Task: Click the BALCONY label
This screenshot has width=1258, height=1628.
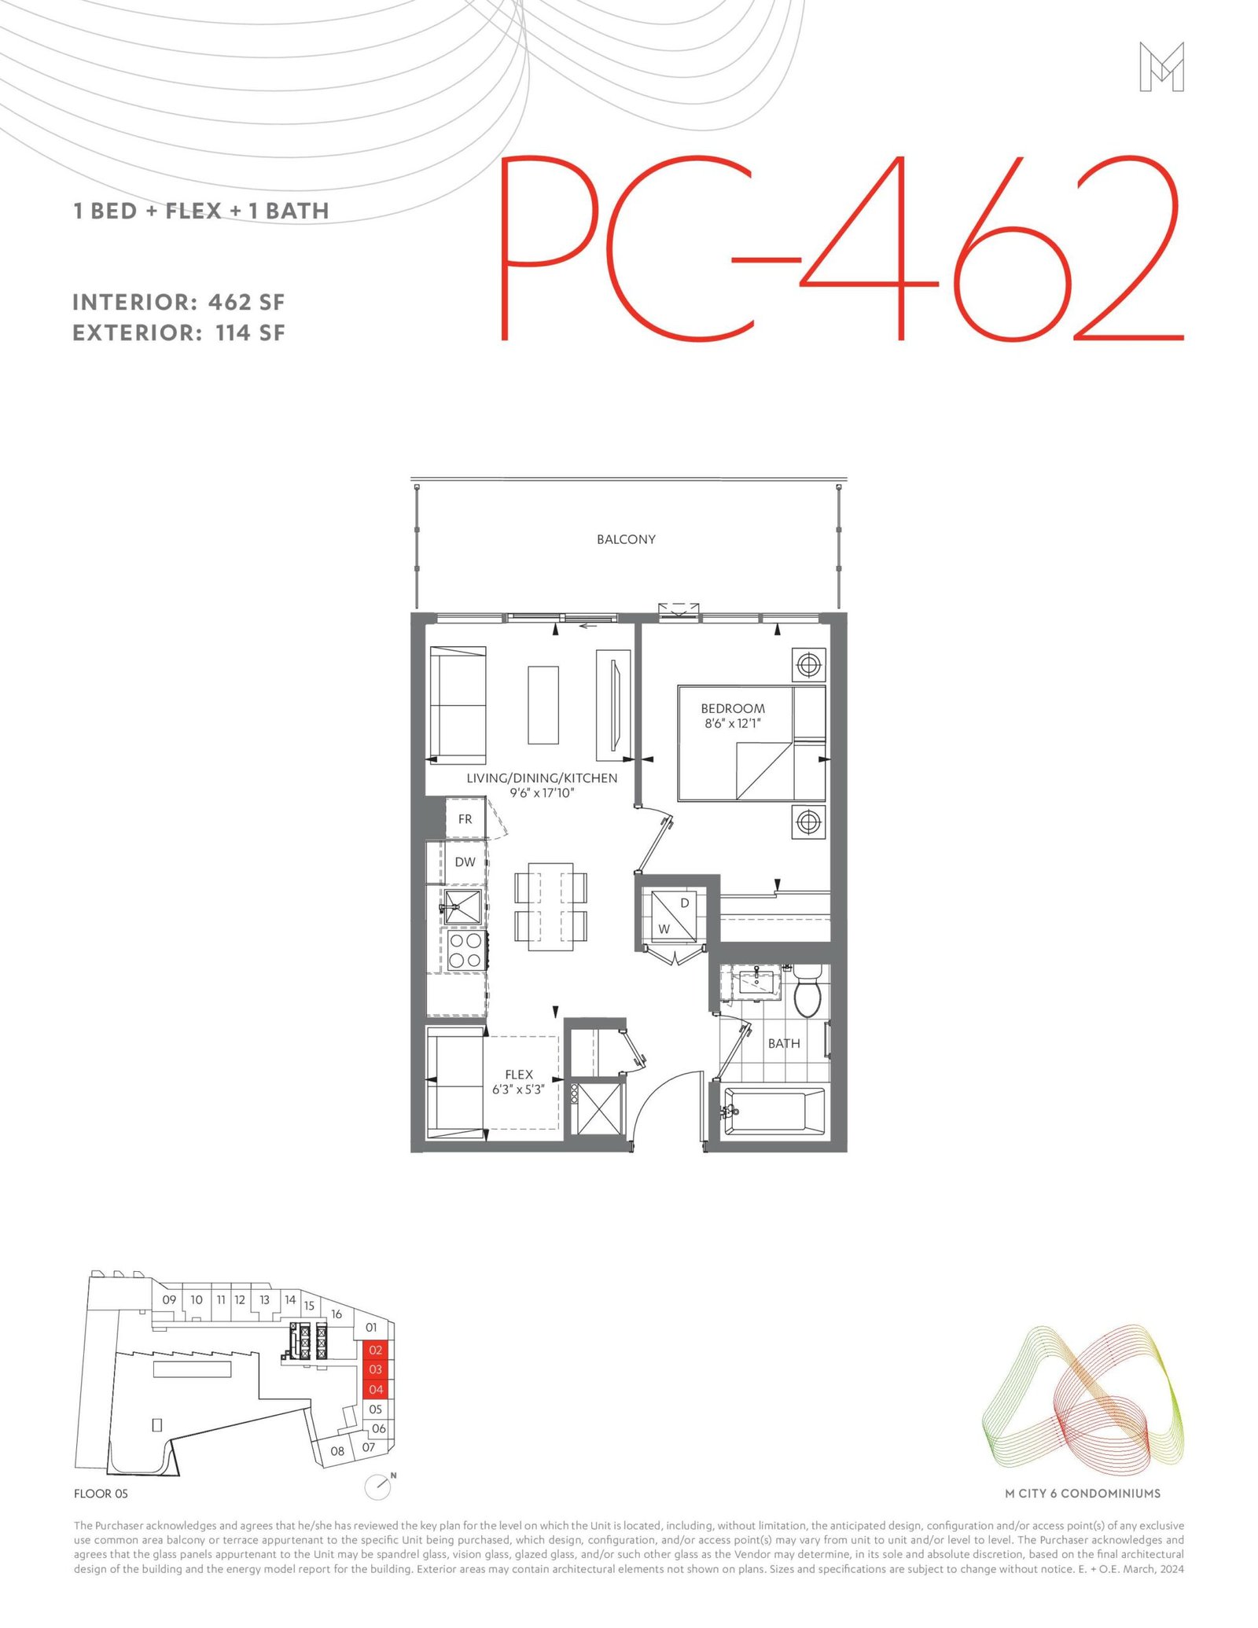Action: pyautogui.click(x=626, y=539)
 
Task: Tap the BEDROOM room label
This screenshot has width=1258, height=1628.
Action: pyautogui.click(x=733, y=708)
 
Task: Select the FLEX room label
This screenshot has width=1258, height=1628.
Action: pyautogui.click(x=519, y=1074)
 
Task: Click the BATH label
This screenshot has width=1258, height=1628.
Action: pyautogui.click(x=784, y=1043)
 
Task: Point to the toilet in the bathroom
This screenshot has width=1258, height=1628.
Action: pyautogui.click(x=807, y=990)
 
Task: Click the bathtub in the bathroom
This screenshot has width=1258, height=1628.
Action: pyautogui.click(x=774, y=1112)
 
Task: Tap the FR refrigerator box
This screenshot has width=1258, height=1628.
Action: pyautogui.click(x=465, y=819)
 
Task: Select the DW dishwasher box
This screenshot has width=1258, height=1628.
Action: pyautogui.click(x=465, y=862)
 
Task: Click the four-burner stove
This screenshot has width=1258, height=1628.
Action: pyautogui.click(x=465, y=950)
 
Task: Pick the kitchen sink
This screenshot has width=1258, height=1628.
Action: pyautogui.click(x=463, y=906)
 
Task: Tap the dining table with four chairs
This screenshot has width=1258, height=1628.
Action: pyautogui.click(x=550, y=906)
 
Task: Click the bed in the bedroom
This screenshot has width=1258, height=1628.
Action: pyautogui.click(x=752, y=744)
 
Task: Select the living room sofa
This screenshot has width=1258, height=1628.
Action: pyautogui.click(x=458, y=704)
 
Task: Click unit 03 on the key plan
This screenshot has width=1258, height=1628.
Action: pyautogui.click(x=376, y=1369)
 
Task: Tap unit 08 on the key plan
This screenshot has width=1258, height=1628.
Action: pyautogui.click(x=337, y=1451)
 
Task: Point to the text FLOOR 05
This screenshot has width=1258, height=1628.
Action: pyautogui.click(x=101, y=1494)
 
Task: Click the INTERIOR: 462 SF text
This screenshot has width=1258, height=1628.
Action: pyautogui.click(x=178, y=302)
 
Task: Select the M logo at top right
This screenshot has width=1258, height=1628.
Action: pyautogui.click(x=1161, y=67)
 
